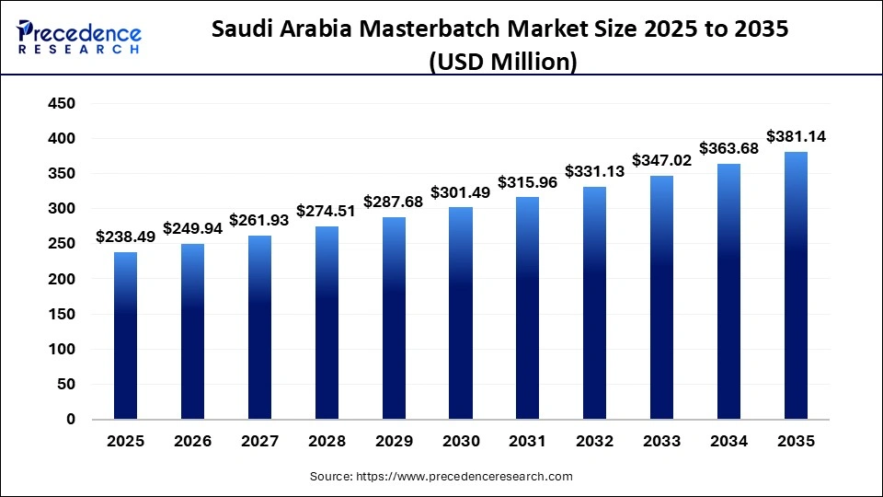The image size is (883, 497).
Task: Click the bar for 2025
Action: tap(126, 336)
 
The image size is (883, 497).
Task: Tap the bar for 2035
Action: tap(796, 285)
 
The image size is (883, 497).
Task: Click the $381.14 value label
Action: tap(796, 136)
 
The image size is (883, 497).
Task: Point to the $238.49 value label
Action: tap(126, 237)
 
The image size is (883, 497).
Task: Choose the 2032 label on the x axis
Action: tap(595, 442)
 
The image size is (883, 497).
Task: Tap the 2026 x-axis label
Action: tap(193, 442)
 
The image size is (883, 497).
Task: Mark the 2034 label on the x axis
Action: tap(728, 442)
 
